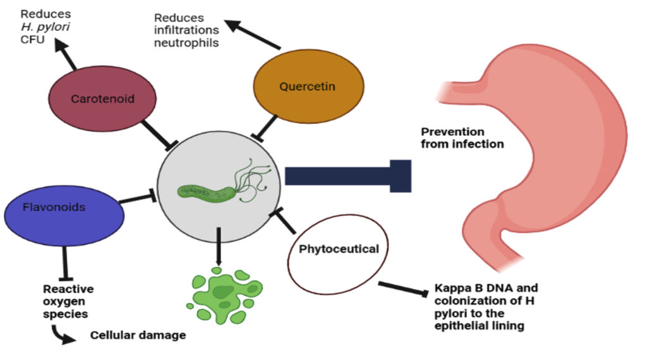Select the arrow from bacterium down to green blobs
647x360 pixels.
[218, 246]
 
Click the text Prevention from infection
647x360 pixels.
[463, 138]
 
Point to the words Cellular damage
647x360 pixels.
[138, 335]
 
